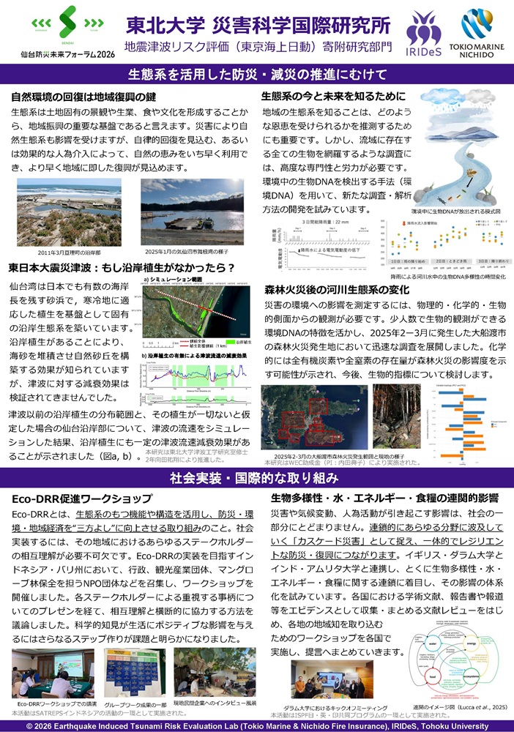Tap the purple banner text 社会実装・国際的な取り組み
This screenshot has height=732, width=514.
coord(256,479)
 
